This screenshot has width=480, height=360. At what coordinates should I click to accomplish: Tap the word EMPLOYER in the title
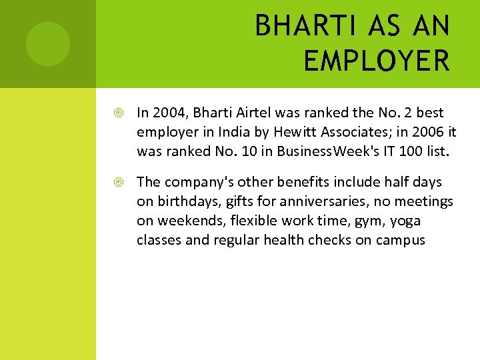click(x=377, y=61)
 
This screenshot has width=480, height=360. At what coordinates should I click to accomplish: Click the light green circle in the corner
click(x=48, y=44)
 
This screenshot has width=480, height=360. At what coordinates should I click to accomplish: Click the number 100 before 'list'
click(x=408, y=151)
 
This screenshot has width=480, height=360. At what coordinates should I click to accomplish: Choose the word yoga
click(x=405, y=221)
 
